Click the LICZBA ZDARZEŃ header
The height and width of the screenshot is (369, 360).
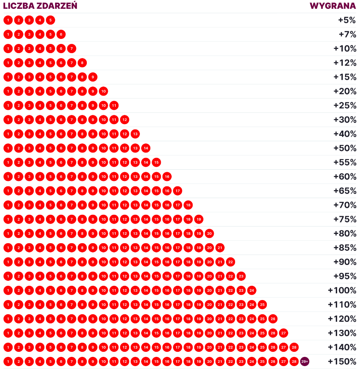(40, 6)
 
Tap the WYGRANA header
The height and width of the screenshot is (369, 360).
(332, 6)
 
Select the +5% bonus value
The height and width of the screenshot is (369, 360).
(347, 20)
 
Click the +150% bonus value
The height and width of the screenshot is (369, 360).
(342, 361)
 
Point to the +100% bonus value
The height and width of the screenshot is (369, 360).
(342, 290)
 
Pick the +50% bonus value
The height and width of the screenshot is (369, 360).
(345, 148)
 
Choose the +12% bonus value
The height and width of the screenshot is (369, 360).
(345, 63)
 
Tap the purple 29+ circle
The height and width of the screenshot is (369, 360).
(305, 361)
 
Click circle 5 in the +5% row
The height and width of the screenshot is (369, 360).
(50, 20)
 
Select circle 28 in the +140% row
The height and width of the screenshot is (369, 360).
(294, 347)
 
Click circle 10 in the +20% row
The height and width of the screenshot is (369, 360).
(103, 91)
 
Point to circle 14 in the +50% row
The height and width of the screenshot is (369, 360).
(146, 148)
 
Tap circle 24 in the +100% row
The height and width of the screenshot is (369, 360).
(251, 290)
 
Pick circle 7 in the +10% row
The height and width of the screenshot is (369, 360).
(71, 48)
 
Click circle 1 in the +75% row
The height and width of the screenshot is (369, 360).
(8, 219)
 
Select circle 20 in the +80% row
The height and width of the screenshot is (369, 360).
(209, 234)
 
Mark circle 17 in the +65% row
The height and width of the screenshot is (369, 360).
(177, 191)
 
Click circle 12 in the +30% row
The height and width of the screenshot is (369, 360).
(124, 120)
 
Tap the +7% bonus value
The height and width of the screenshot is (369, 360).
(347, 34)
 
